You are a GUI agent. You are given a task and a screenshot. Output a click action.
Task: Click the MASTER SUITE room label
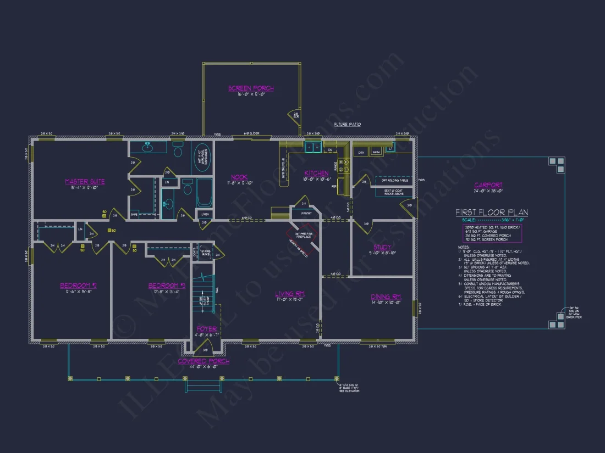[x=85, y=182]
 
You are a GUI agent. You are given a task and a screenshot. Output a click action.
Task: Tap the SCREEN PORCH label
[x=251, y=88]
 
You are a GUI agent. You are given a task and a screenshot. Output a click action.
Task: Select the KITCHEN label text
[x=316, y=174]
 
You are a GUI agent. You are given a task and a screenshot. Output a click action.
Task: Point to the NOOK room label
[x=239, y=177]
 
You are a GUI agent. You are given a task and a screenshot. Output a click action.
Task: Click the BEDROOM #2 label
[x=79, y=286]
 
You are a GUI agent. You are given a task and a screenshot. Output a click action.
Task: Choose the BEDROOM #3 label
[x=167, y=286]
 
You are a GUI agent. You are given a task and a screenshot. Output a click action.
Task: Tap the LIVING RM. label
[x=290, y=295]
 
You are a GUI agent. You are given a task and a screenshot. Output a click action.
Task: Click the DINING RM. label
[x=386, y=297]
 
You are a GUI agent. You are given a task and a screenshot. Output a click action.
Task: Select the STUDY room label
[x=382, y=248]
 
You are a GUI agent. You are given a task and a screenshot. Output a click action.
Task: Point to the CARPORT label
[x=488, y=185]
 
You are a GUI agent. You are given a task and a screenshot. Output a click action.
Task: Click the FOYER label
[x=207, y=329]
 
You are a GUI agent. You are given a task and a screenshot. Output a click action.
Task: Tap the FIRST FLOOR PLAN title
[x=492, y=212]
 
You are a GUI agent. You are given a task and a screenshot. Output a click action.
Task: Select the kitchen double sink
[x=314, y=147]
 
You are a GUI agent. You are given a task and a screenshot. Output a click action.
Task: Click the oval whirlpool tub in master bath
[x=201, y=158]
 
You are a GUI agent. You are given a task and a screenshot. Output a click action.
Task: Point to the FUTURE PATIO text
[x=347, y=125]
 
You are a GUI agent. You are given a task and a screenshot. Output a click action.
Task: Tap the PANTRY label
[x=304, y=213]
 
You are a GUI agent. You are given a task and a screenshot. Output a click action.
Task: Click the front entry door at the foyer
[x=205, y=346]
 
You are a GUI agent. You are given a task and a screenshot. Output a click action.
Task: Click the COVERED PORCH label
[x=204, y=361]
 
